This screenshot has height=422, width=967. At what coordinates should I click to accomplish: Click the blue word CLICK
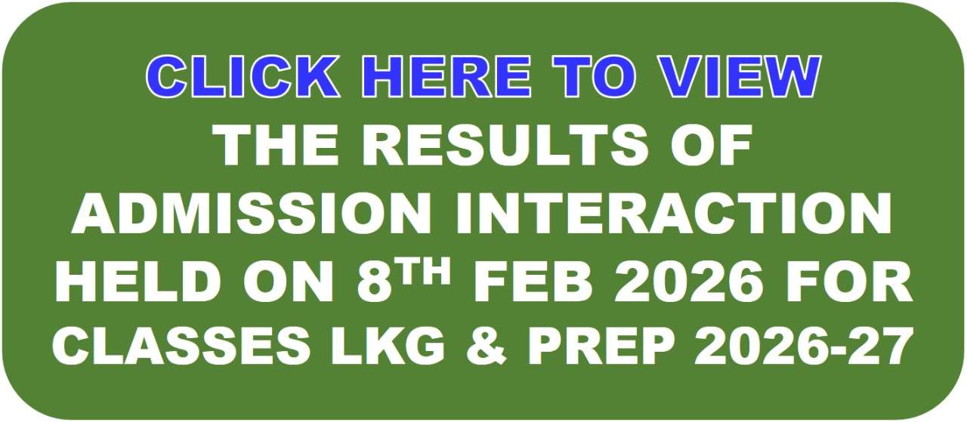[x=242, y=77]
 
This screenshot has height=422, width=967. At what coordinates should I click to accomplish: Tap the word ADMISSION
[x=252, y=213]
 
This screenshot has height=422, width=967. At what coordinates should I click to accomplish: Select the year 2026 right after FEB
[x=687, y=282]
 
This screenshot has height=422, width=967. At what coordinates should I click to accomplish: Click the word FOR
[x=845, y=282]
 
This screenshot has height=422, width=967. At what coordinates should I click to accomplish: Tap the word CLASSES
[x=181, y=350]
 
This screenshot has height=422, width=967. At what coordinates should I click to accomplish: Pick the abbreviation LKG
[x=389, y=350]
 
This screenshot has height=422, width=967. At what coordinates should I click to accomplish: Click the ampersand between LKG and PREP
[x=487, y=350]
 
